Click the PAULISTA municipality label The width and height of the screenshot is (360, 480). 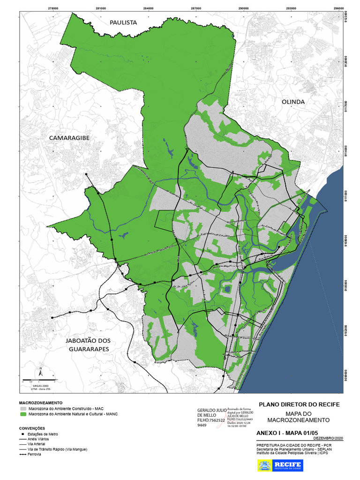[x=123, y=22]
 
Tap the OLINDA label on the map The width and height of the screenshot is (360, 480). [x=293, y=102]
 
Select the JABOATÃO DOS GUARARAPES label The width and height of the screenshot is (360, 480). [x=89, y=345]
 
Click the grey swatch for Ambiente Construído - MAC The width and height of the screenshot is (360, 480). [x=23, y=408]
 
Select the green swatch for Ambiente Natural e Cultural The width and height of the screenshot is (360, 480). [x=23, y=414]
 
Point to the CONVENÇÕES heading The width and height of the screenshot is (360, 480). [x=32, y=428]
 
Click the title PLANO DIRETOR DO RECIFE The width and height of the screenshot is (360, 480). [x=299, y=405]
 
